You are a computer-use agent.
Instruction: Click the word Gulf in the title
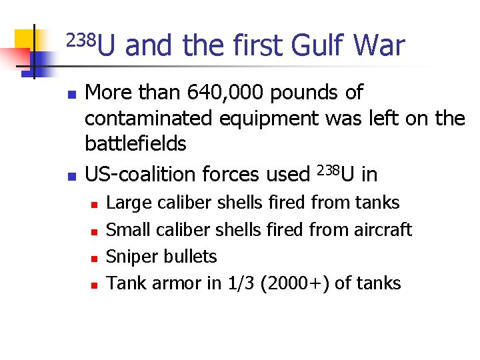pos(317,46)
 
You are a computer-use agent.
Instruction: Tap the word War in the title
pos(379,46)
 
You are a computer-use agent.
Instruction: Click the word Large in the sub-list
pos(128,203)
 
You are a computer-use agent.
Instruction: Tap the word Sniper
pos(128,257)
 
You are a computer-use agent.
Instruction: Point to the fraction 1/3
pos(241,283)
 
